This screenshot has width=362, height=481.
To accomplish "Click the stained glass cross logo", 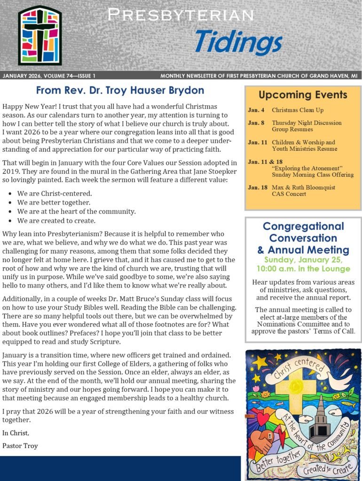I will [x=39, y=36].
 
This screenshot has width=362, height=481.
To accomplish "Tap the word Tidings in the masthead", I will [x=238, y=42].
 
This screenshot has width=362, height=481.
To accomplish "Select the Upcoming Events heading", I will [x=303, y=95].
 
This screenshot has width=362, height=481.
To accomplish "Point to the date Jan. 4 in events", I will [x=256, y=110].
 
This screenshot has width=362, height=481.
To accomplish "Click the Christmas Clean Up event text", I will [x=298, y=110].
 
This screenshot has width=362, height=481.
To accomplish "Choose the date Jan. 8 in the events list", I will [x=256, y=123].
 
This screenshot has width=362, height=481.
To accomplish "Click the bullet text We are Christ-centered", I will [x=55, y=193].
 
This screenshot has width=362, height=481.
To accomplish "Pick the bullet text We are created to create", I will [x=56, y=220].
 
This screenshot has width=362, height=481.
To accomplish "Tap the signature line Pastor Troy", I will [x=20, y=445].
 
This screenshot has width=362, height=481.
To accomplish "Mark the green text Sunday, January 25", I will [x=303, y=260].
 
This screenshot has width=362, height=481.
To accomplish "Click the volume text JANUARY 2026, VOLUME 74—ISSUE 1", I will [x=49, y=76].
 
